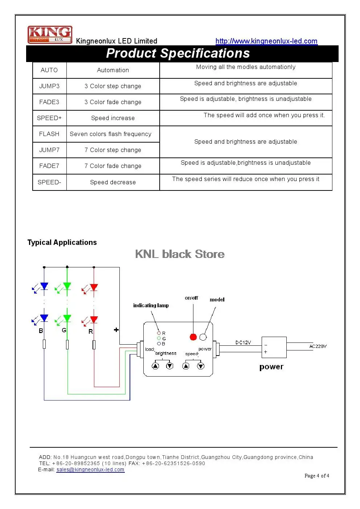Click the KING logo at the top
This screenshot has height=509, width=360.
coord(50,34)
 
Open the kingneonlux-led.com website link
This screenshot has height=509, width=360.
coord(266,41)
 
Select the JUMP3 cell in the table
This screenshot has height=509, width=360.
coord(49,86)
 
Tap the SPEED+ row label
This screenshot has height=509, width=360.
coord(49,118)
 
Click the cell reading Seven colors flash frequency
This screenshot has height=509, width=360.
coord(110,134)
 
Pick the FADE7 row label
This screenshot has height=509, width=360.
coord(49,166)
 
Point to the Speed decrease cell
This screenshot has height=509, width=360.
coord(113,182)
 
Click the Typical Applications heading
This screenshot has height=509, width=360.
coord(62,242)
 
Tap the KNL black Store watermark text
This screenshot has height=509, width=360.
coord(180,254)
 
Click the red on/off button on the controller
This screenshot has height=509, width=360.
coord(193,337)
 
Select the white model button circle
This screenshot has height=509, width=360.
coord(203,337)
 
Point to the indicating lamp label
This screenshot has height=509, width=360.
coord(151,305)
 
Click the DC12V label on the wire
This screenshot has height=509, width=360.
coord(243,342)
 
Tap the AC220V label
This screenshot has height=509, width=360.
coord(318,346)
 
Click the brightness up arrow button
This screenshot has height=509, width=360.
coord(155,366)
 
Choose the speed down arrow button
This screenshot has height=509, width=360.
coord(200,366)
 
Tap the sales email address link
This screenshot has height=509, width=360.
coord(90,470)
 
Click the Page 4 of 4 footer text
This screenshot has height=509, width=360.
coord(317,476)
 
